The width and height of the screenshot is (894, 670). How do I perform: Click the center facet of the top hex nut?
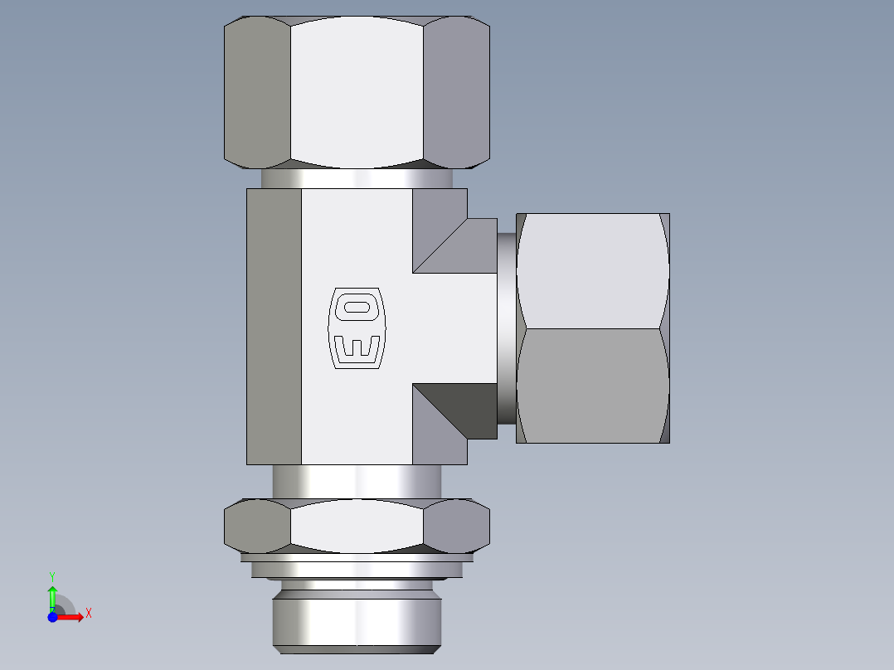point(357,91)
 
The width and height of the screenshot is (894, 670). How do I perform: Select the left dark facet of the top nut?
point(257,91)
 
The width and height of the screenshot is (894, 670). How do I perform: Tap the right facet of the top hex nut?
point(456,91)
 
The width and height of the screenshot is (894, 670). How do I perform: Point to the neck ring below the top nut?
point(357,178)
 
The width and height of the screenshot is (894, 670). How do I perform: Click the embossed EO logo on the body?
point(357,328)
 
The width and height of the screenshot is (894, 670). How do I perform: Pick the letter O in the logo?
point(357,307)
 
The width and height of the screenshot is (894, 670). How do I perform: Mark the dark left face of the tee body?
point(274,326)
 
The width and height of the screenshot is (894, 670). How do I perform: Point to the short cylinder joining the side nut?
point(506,328)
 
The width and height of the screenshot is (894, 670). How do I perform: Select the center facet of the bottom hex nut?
point(357,527)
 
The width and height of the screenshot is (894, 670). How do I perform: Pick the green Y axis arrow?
point(52,594)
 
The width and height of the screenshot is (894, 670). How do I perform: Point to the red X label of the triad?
point(89,614)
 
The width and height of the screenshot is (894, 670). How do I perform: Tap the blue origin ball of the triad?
point(52,617)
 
